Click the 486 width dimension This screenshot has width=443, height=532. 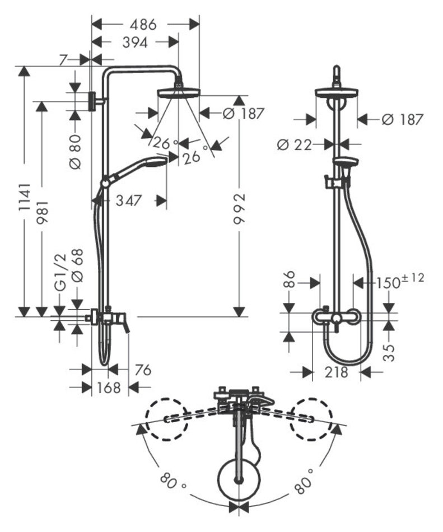pyautogui.click(x=143, y=25)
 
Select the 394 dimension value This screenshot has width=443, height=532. pyautogui.click(x=136, y=43)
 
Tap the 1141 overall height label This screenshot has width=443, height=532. pyautogui.click(x=25, y=198)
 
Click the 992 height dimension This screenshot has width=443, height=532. pyautogui.click(x=240, y=209)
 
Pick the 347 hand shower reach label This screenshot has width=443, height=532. pyautogui.click(x=128, y=200)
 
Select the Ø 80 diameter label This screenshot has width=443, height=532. pyautogui.click(x=76, y=152)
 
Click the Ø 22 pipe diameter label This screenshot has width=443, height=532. pyautogui.click(x=295, y=145)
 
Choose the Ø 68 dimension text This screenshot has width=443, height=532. pyautogui.click(x=77, y=265)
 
